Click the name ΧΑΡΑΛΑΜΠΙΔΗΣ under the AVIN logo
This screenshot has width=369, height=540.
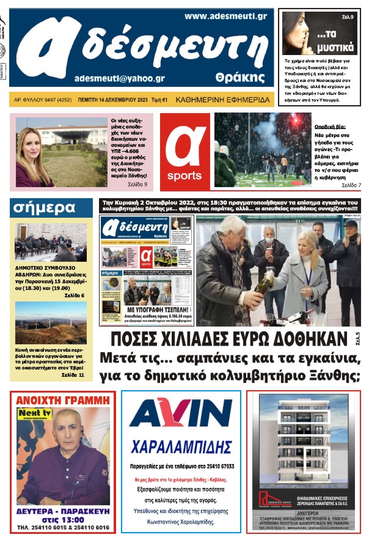(x=181, y=445)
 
